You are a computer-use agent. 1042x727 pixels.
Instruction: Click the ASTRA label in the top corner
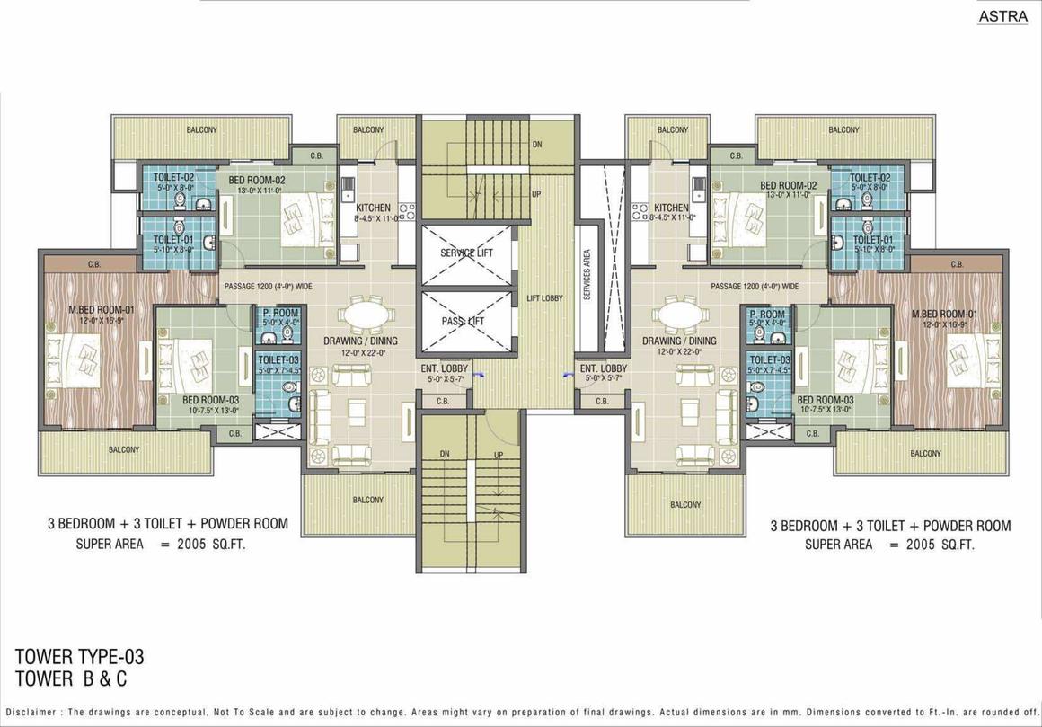click(1004, 15)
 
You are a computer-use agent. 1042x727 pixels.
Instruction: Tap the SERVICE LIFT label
click(466, 253)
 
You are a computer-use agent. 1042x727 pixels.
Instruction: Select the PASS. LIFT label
click(463, 321)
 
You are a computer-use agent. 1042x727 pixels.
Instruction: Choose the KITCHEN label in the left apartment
click(373, 208)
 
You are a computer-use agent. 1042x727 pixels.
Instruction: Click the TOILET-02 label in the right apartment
click(870, 178)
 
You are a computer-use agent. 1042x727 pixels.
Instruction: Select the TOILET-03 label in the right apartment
click(769, 359)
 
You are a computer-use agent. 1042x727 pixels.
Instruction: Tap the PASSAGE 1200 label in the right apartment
click(754, 287)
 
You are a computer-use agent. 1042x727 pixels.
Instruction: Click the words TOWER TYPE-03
click(80, 658)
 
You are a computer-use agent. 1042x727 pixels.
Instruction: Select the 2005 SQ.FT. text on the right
click(932, 545)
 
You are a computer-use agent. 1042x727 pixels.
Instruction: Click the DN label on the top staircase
click(537, 144)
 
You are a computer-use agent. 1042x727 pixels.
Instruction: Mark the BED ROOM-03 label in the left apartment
click(203, 400)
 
